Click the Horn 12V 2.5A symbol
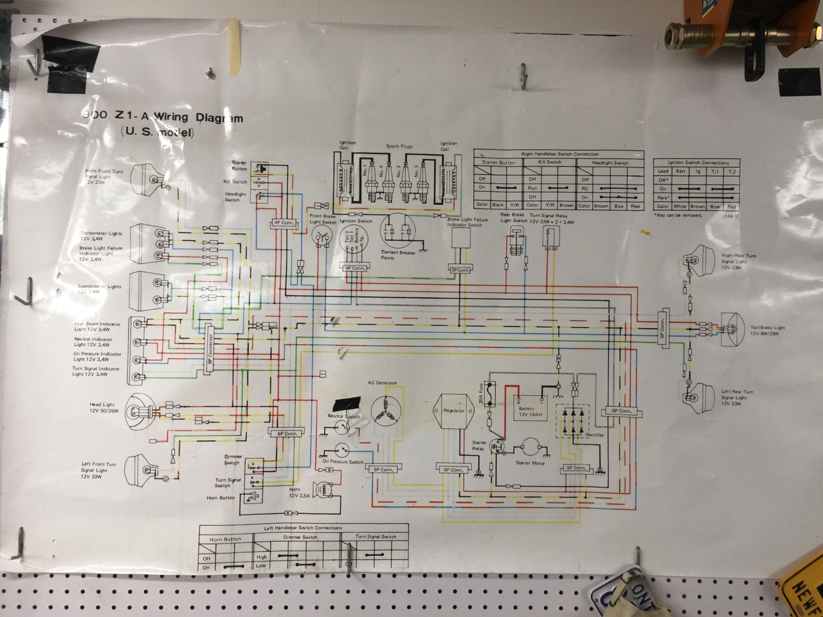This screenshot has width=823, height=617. (325, 489)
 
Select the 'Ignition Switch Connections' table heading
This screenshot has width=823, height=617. (698, 163)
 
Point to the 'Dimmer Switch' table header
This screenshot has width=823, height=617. (300, 537)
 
